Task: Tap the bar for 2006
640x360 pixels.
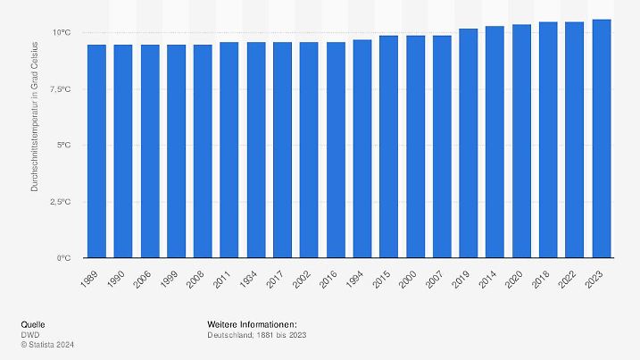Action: (x=148, y=151)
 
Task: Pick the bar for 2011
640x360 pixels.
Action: (x=229, y=150)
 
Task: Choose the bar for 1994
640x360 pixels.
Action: (x=362, y=148)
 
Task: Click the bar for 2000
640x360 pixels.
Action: (x=415, y=147)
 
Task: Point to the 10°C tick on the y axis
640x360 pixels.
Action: (x=60, y=33)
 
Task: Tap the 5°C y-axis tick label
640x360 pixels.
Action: (x=62, y=146)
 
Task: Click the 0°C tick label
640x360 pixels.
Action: (x=62, y=258)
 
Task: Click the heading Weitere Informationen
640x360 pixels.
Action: (x=251, y=323)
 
